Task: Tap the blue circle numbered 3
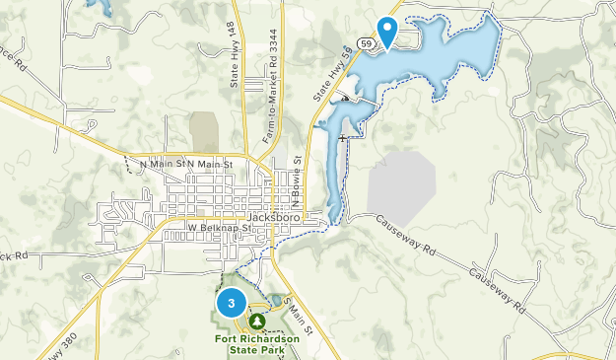pyautogui.click(x=231, y=304)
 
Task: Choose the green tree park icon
pyautogui.click(x=258, y=322)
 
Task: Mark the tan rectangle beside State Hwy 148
pyautogui.click(x=204, y=131)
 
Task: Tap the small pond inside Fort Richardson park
pyautogui.click(x=272, y=300)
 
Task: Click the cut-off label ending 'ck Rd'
pyautogui.click(x=12, y=256)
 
